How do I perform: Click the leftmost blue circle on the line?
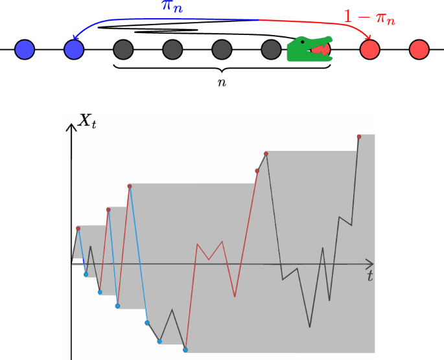click(25, 49)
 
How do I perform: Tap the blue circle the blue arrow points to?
click(75, 49)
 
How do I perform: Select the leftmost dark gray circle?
click(123, 49)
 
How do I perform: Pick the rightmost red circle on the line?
click(419, 49)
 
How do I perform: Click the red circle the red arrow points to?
click(369, 49)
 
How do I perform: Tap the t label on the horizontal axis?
click(369, 276)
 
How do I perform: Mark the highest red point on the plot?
click(359, 137)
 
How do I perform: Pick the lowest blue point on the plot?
click(185, 350)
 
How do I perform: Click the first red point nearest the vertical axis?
click(78, 228)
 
